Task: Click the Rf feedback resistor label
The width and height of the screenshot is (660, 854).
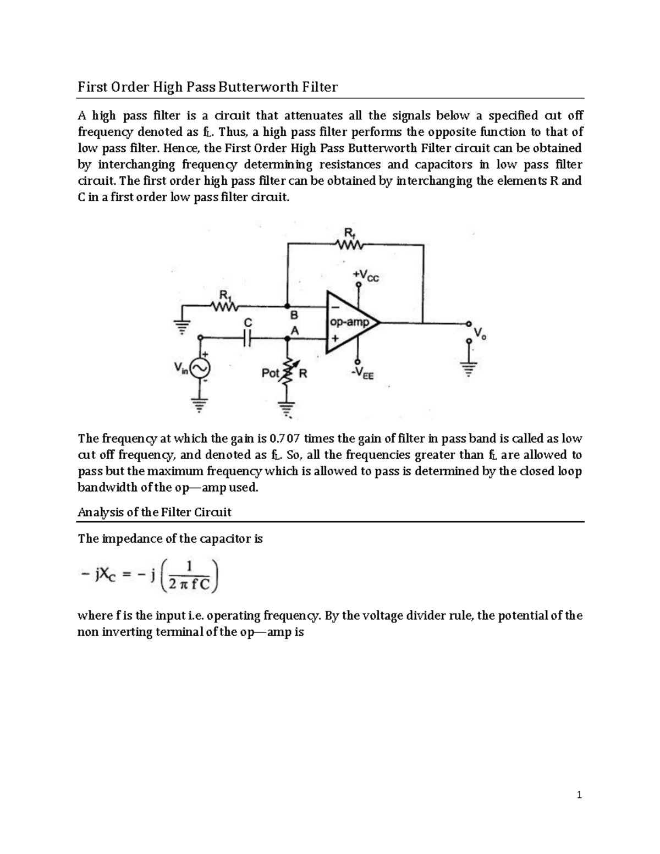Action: click(348, 233)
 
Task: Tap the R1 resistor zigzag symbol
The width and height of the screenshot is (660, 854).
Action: click(226, 306)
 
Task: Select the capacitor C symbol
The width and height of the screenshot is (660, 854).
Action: click(248, 338)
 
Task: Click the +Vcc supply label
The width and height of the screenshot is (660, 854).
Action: click(366, 276)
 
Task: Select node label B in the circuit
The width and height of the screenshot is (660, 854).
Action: click(294, 316)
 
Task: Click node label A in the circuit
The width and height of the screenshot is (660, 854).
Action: click(294, 331)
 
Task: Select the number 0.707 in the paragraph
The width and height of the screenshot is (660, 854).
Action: click(285, 438)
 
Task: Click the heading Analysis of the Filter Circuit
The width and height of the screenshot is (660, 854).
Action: click(155, 512)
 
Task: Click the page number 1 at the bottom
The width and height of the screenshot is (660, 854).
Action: click(579, 795)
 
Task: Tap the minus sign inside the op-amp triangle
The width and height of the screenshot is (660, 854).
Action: click(333, 308)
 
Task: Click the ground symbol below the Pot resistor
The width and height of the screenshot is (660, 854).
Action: click(286, 408)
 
